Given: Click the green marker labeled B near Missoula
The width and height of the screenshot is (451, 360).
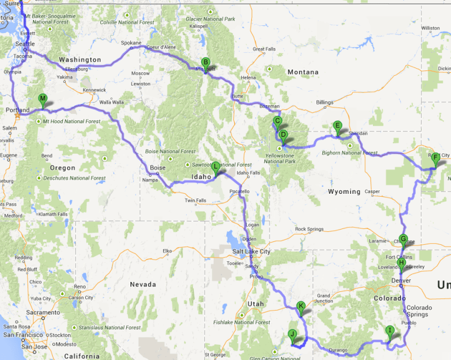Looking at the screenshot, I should (x=206, y=62).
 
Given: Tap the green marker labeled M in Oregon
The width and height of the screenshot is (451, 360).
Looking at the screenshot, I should (x=42, y=99).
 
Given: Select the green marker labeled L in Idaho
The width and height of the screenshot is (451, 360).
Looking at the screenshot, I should (x=216, y=166).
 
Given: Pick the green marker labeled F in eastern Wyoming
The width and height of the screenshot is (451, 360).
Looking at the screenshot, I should (x=435, y=157).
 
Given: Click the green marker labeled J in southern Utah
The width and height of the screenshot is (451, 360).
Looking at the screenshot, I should (x=292, y=334).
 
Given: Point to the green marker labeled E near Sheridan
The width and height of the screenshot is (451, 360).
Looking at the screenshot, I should (x=337, y=125).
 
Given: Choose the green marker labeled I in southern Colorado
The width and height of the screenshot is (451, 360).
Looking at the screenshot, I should (x=389, y=331).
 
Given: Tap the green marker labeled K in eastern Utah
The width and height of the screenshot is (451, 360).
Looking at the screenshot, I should (x=301, y=306).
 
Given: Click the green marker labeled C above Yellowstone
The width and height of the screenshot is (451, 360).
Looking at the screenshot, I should (x=278, y=121).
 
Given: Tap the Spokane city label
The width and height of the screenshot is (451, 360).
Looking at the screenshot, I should (x=131, y=43).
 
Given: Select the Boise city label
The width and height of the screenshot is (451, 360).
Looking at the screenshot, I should (x=157, y=168).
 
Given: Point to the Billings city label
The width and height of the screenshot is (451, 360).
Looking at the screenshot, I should (x=325, y=102).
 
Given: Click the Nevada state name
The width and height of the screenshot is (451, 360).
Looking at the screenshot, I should (x=142, y=284).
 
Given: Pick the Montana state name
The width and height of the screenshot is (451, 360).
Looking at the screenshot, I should (x=302, y=72).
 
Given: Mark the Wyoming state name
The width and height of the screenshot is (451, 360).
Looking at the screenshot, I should (x=344, y=191).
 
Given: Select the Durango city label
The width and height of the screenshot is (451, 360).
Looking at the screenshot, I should (x=338, y=349).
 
